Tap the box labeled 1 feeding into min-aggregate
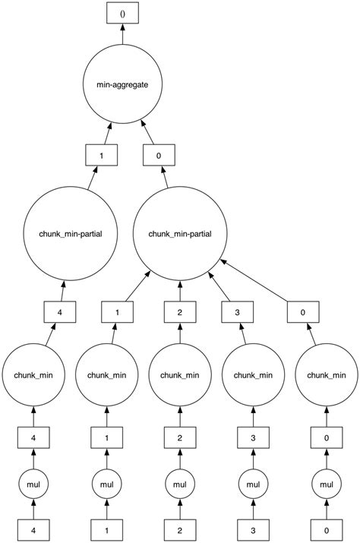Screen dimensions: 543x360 100,156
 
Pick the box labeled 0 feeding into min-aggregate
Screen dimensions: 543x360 159,156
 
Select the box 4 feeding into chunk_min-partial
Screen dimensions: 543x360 58,311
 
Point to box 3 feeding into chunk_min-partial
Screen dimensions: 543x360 238,311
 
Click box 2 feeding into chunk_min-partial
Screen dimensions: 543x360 180,311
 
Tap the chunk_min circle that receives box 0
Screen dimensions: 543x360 327,374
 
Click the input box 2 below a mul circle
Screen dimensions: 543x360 180,529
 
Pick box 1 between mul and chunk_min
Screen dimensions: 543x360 106,437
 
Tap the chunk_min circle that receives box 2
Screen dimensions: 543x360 180,374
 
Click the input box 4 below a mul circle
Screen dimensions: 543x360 33,529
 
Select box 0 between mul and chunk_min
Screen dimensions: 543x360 327,437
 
